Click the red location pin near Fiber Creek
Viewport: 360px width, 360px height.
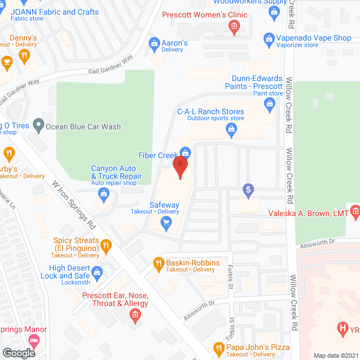pos(179,167)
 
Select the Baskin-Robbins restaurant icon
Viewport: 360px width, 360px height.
pos(158,263)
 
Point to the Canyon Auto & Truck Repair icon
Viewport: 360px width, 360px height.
pos(103,195)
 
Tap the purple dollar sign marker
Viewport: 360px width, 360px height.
pos(248,191)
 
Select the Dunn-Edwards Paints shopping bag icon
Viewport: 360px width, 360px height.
pos(270,103)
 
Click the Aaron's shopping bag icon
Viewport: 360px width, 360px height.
pos(154,43)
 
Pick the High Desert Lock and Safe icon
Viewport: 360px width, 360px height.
pos(97,273)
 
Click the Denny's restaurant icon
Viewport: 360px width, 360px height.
pos(24,55)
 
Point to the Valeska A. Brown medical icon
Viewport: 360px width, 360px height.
pos(355,211)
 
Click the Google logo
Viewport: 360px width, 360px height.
pos(18,353)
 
